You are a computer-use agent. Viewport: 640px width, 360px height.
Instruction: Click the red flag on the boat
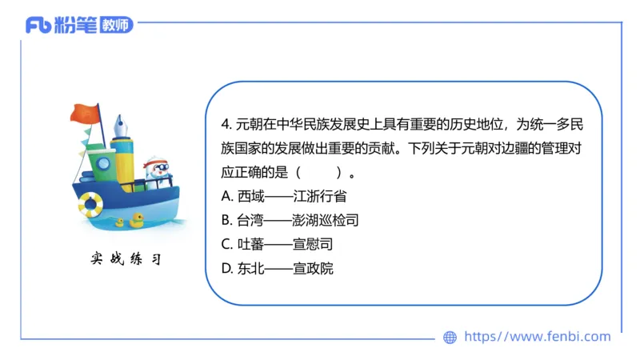click(x=84, y=114)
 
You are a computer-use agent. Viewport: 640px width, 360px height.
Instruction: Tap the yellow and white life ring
click(x=90, y=206)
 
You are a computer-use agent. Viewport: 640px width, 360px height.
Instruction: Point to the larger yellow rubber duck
click(x=138, y=218)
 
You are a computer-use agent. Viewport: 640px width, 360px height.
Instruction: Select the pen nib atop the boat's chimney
click(x=122, y=127)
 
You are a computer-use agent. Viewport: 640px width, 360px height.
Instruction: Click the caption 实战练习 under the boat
click(x=126, y=259)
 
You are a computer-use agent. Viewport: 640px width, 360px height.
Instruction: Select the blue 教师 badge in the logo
click(x=116, y=25)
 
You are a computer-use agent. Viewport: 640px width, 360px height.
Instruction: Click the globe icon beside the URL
click(x=450, y=337)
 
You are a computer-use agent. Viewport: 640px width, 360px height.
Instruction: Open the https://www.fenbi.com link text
click(x=537, y=337)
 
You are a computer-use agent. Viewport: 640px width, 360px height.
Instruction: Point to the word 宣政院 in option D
click(x=313, y=268)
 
